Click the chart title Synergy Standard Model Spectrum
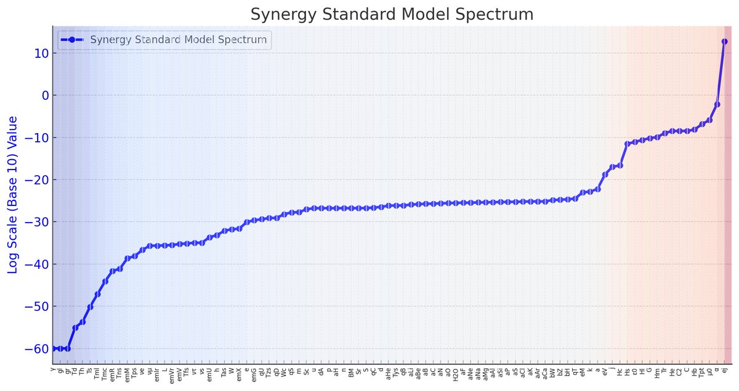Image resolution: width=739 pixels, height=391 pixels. click(392, 14)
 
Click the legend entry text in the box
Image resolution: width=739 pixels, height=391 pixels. click(179, 40)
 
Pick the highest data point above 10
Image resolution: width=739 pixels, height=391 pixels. click(724, 41)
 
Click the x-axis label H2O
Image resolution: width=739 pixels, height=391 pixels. click(456, 374)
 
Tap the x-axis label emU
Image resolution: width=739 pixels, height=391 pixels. click(209, 374)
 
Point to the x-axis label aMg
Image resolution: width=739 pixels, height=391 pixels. click(486, 374)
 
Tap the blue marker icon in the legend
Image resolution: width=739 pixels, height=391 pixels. click(72, 40)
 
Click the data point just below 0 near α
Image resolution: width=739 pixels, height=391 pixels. click(717, 104)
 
